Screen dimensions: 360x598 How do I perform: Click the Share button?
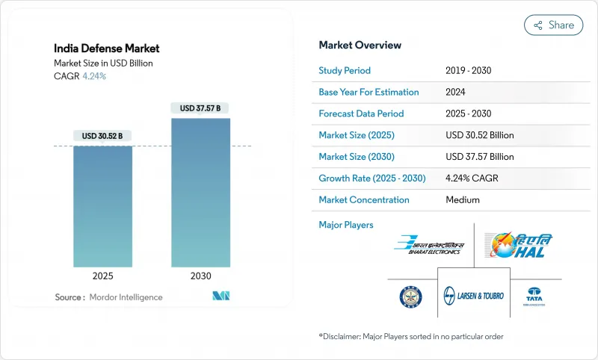[x=554, y=25]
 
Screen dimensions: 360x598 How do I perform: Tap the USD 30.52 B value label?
[x=102, y=135]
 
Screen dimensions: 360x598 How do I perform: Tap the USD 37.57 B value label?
[x=201, y=108]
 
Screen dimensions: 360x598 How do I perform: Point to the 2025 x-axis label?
[x=102, y=276]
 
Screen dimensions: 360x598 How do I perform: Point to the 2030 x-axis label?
[x=201, y=276]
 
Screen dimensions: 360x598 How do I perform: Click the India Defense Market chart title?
[x=106, y=49]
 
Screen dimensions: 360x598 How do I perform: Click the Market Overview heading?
[x=360, y=45]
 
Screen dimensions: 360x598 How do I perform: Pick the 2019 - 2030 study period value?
[x=469, y=70]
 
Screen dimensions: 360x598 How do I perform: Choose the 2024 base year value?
[x=456, y=92]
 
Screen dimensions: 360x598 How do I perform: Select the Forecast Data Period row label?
[x=361, y=114]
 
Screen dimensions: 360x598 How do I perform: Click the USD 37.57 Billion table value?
[x=479, y=157]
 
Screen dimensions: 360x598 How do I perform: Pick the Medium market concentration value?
[x=462, y=199]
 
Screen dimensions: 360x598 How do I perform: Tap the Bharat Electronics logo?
[x=430, y=245]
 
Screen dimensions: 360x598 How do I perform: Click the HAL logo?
[x=519, y=245]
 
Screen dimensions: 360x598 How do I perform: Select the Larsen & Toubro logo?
[x=474, y=295]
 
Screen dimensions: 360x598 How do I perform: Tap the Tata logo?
[x=534, y=295]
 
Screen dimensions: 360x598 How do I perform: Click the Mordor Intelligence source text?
[x=125, y=297]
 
